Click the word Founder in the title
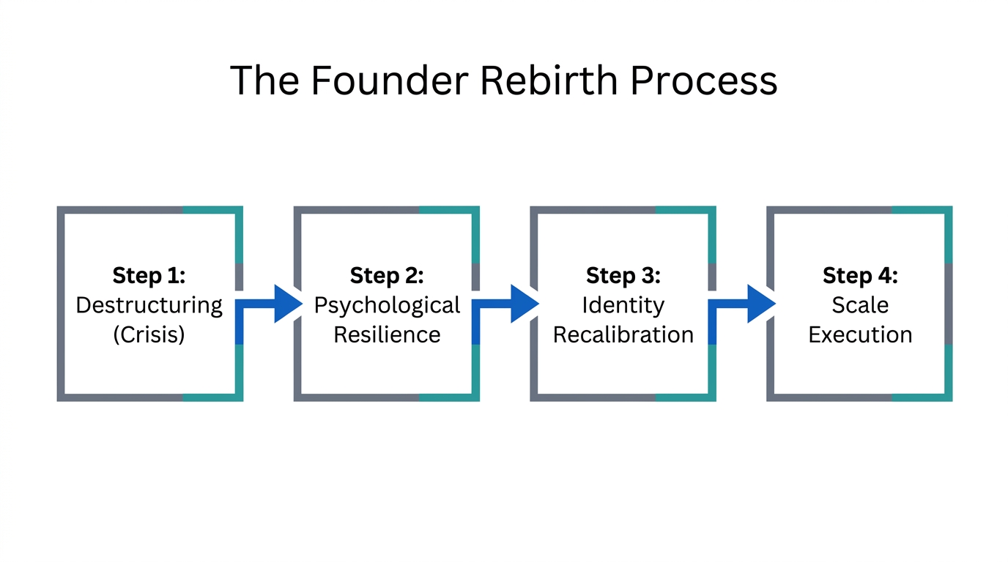[x=388, y=80]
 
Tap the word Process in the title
[x=703, y=80]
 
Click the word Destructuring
[x=149, y=304]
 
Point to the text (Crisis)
[x=149, y=334]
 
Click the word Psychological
[x=387, y=304]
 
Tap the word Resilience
[x=387, y=334]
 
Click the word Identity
[x=623, y=304]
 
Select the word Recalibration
[x=623, y=334]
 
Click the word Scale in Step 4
[x=860, y=304]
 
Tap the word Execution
[x=860, y=334]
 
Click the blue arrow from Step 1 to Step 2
[x=282, y=303]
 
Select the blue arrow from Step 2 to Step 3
[x=519, y=303]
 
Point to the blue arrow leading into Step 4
[x=755, y=303]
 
